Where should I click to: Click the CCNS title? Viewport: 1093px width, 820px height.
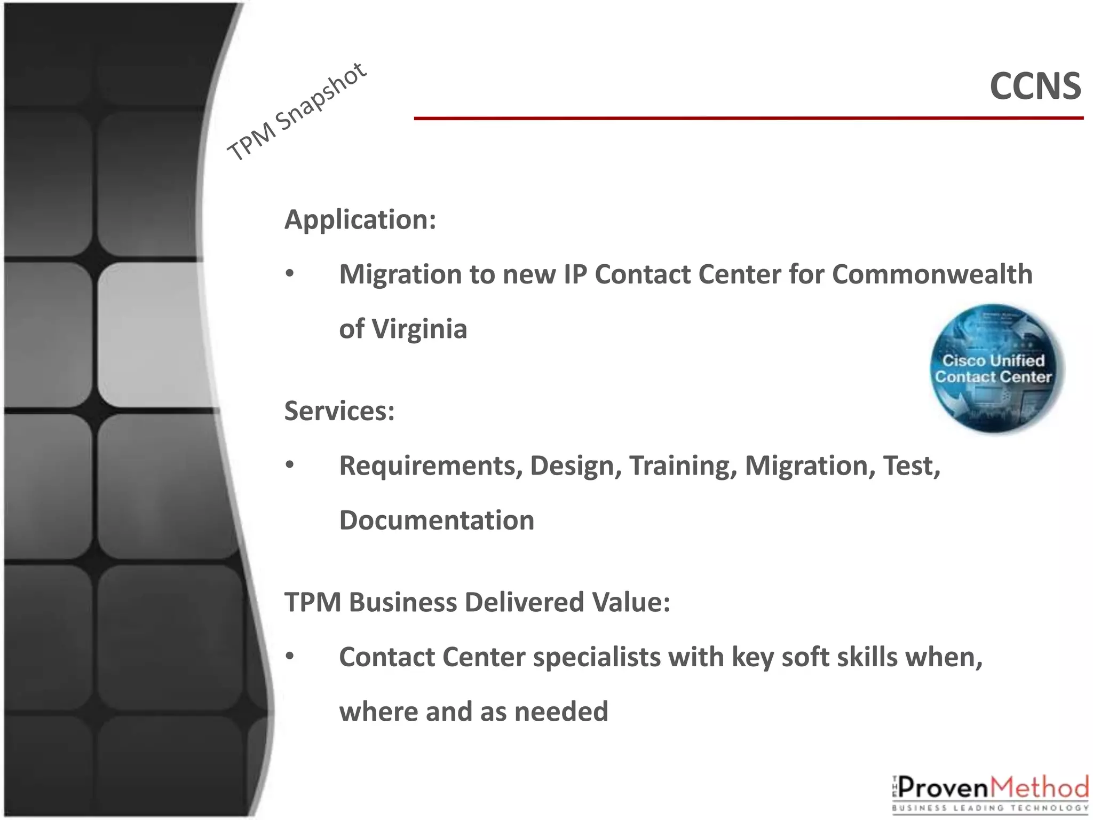pos(1035,86)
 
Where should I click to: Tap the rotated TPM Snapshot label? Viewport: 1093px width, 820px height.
pos(297,112)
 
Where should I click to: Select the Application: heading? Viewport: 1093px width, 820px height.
pos(360,219)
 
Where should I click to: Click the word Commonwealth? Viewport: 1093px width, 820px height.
pos(932,274)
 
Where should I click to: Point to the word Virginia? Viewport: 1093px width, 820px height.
pos(419,329)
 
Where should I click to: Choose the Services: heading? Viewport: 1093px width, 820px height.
pos(339,411)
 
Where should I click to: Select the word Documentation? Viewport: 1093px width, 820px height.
pos(437,521)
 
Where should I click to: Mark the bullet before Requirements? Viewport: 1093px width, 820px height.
pos(290,466)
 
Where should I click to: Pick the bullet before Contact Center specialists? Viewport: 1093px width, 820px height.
pos(290,657)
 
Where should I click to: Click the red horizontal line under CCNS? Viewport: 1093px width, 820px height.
pos(747,118)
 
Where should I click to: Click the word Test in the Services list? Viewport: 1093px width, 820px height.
pos(911,466)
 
